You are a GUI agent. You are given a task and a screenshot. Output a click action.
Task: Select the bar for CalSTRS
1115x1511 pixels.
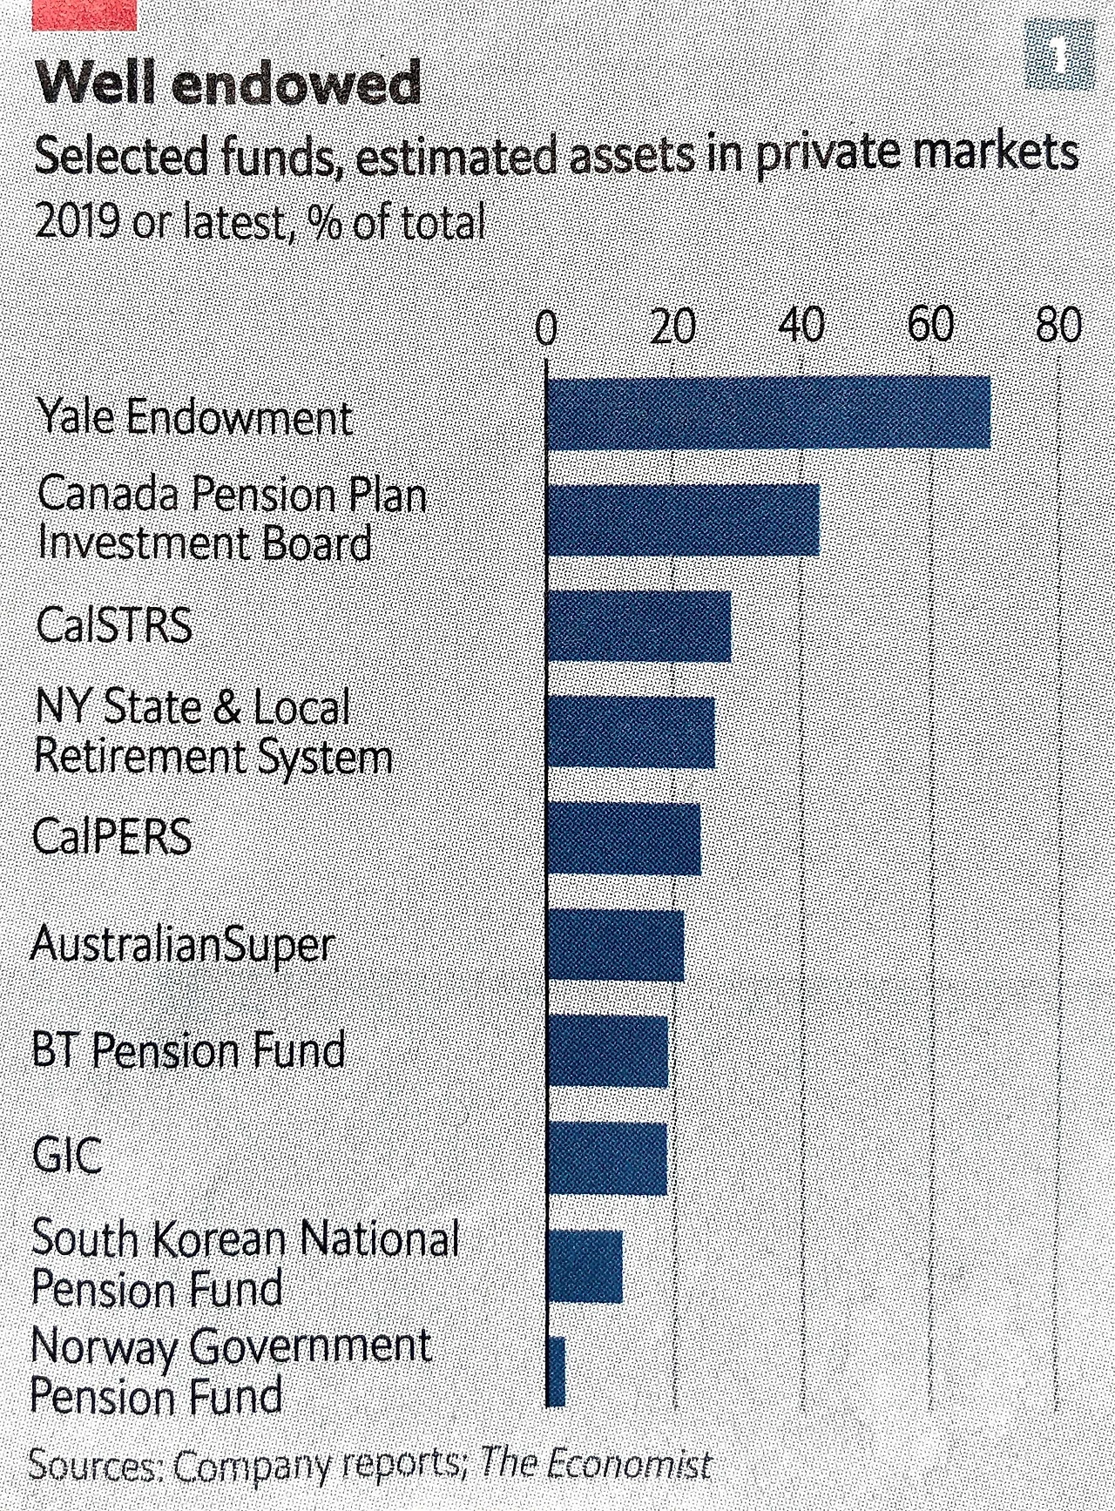pyautogui.click(x=639, y=625)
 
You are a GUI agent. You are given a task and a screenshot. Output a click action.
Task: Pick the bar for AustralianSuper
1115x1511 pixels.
pyautogui.click(x=615, y=945)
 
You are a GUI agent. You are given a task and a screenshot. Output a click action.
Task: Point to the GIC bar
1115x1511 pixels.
pyautogui.click(x=607, y=1158)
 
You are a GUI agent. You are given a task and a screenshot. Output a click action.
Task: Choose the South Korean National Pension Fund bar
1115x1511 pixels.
pyautogui.click(x=585, y=1265)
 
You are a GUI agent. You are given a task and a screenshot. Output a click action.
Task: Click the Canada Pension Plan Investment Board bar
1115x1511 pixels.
pyautogui.click(x=683, y=519)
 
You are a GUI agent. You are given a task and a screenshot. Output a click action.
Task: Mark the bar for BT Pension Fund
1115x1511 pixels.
pyautogui.click(x=607, y=1051)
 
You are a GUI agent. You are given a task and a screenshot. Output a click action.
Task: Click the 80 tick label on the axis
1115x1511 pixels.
pyautogui.click(x=1058, y=326)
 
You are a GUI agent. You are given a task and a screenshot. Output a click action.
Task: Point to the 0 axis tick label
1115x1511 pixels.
pyautogui.click(x=545, y=330)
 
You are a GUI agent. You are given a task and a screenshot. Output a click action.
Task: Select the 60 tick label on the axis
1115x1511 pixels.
pyautogui.click(x=930, y=326)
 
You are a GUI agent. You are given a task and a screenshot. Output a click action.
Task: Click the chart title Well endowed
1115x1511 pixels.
pyautogui.click(x=228, y=84)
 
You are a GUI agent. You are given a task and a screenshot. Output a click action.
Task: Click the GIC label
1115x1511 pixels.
pyautogui.click(x=67, y=1157)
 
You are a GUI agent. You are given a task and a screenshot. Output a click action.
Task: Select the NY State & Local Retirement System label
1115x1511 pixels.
pyautogui.click(x=213, y=731)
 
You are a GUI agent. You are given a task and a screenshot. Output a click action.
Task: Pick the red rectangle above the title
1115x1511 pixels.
pyautogui.click(x=84, y=14)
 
